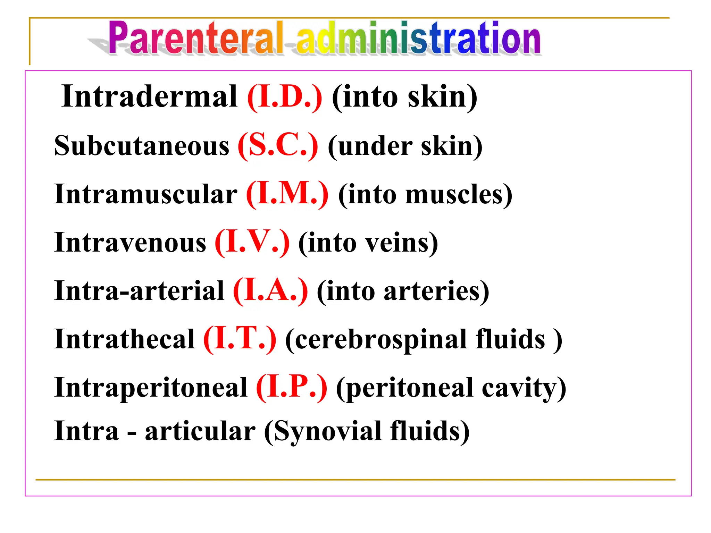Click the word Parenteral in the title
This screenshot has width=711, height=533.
196,38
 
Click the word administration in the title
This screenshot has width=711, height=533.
418,38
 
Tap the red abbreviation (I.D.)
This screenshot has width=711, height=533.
285,97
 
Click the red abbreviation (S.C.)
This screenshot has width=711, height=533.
278,146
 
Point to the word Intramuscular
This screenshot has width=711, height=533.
146,194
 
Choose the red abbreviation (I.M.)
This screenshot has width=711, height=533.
287,194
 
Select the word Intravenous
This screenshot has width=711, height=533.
130,243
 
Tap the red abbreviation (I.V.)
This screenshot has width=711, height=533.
252,243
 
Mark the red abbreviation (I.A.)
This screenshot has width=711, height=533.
270,291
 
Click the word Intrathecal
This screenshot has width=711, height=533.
124,339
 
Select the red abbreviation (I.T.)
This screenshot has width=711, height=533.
240,339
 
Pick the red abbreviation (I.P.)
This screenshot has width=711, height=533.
292,388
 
